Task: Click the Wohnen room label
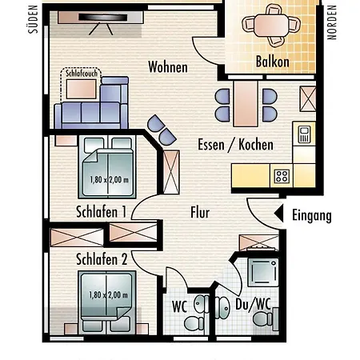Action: click(x=168, y=66)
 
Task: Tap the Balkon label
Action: click(x=273, y=62)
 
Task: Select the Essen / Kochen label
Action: click(x=235, y=145)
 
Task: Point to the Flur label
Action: click(x=200, y=213)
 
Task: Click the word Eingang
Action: click(x=312, y=215)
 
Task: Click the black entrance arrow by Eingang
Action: click(x=279, y=214)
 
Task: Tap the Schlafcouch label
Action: click(x=82, y=74)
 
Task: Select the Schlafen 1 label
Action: click(x=101, y=212)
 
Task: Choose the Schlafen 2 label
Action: click(x=102, y=259)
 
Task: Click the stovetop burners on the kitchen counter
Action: click(x=282, y=176)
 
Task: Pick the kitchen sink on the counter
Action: click(x=304, y=134)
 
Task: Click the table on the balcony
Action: click(x=271, y=26)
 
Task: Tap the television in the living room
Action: click(x=102, y=18)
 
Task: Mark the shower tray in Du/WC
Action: click(x=263, y=272)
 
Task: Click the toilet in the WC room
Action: click(x=194, y=323)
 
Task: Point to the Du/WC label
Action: click(x=253, y=304)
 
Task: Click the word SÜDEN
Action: click(x=33, y=19)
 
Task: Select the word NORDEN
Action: click(x=332, y=22)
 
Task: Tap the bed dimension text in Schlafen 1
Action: click(x=109, y=180)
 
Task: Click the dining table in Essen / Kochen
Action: click(x=246, y=104)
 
